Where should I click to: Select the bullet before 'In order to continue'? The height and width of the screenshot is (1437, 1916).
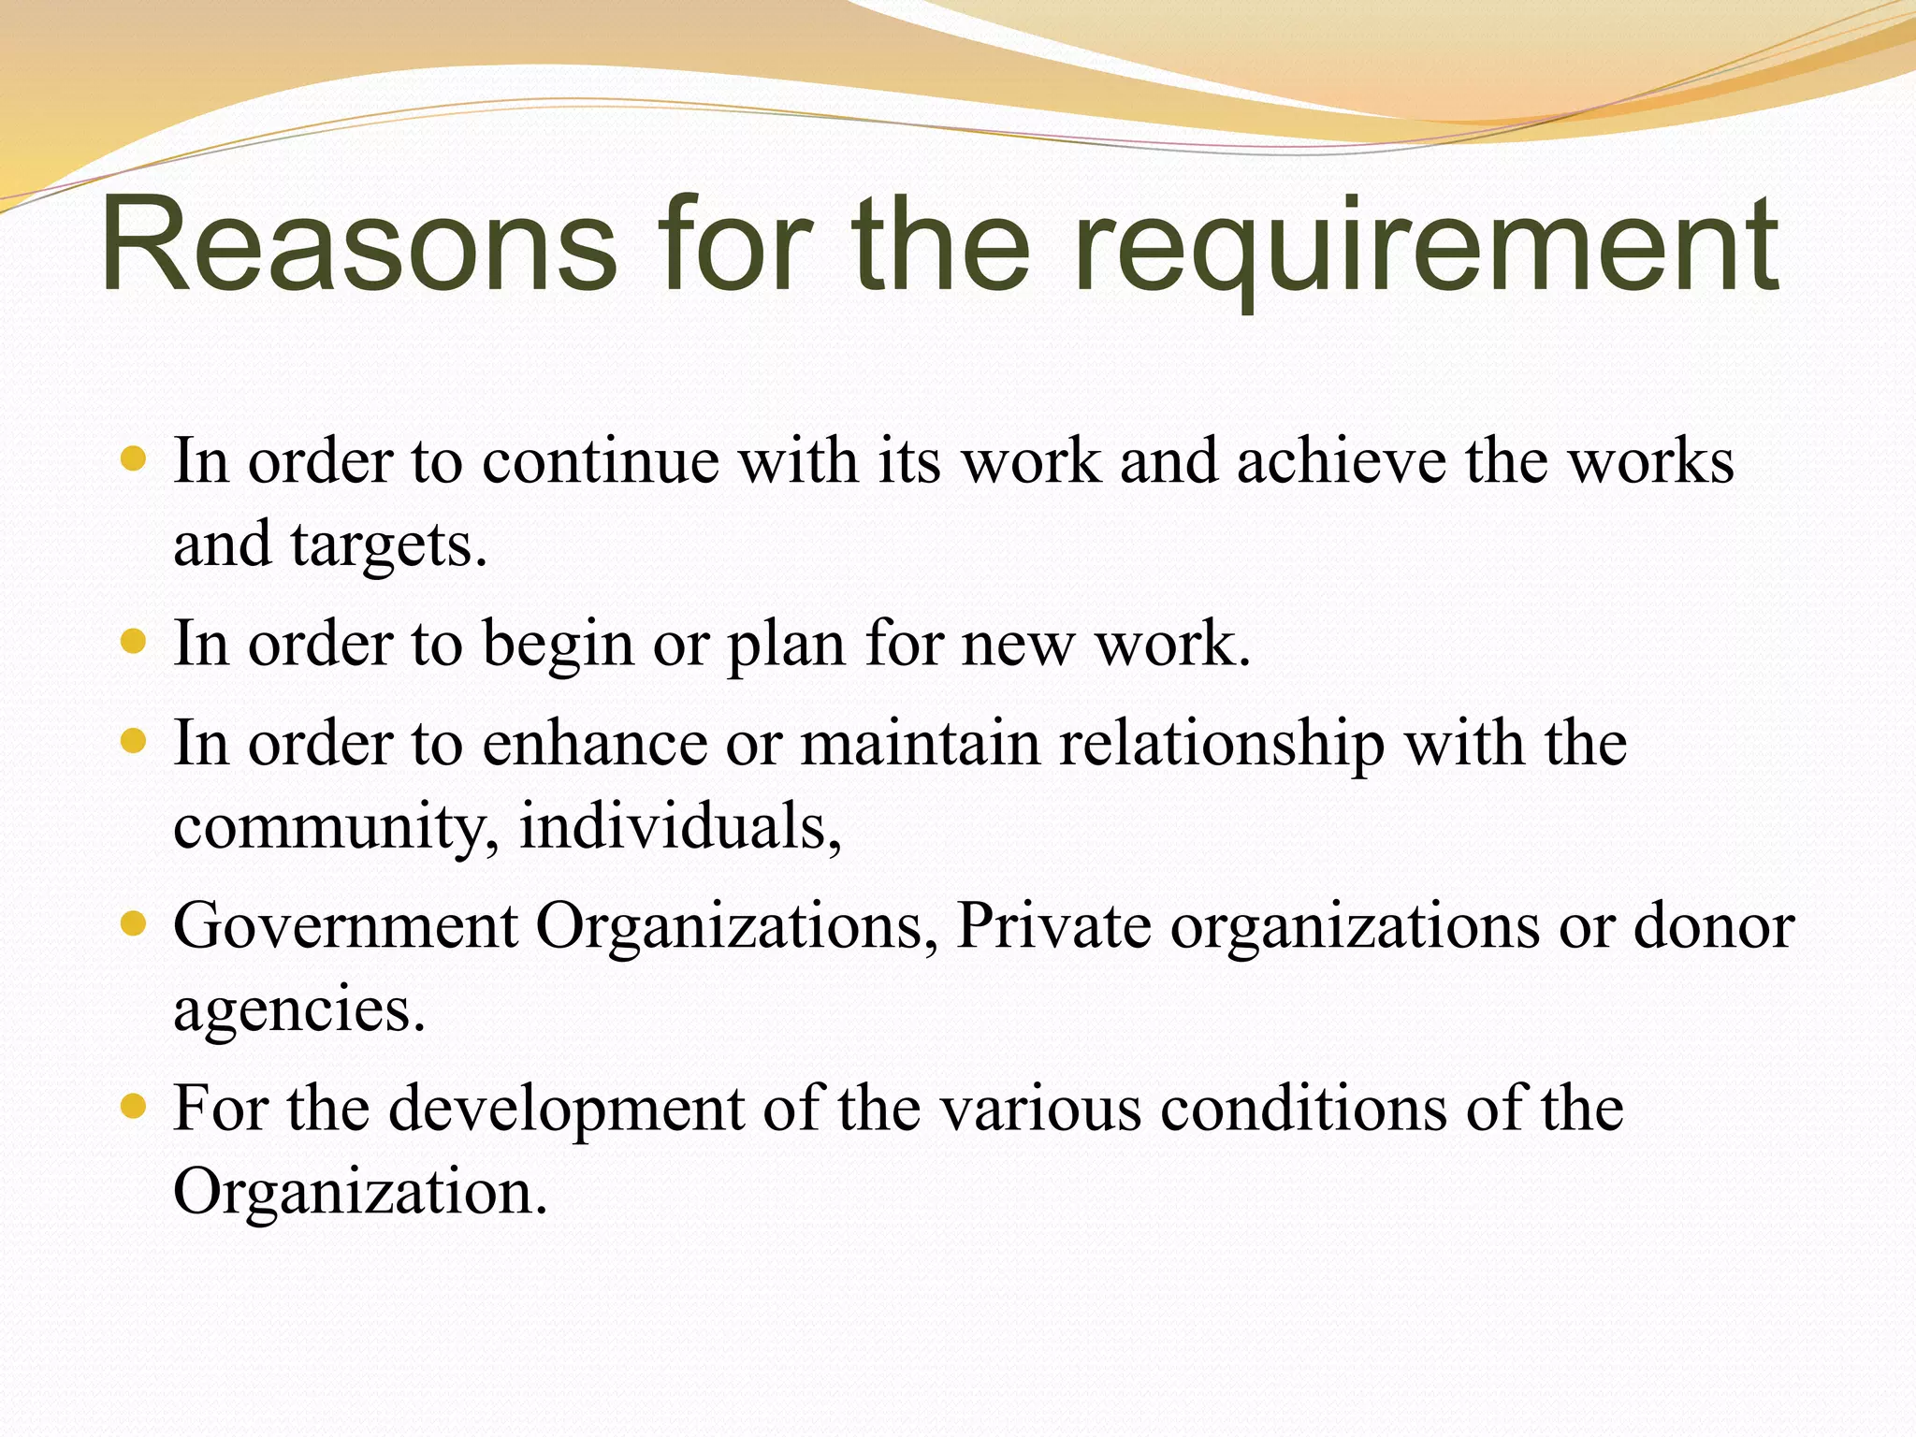pyautogui.click(x=135, y=458)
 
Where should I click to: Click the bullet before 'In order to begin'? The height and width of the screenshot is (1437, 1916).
pyautogui.click(x=135, y=641)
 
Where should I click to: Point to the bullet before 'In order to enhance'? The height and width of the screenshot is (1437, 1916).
pyautogui.click(x=135, y=741)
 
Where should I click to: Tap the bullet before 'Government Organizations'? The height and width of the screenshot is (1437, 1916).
pyautogui.click(x=135, y=924)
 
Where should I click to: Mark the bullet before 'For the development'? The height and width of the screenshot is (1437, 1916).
pyautogui.click(x=135, y=1107)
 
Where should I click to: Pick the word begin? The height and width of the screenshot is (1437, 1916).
pyautogui.click(x=558, y=646)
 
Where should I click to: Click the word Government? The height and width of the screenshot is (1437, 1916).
pyautogui.click(x=345, y=926)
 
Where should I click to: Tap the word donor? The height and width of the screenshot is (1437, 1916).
pyautogui.click(x=1714, y=926)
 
